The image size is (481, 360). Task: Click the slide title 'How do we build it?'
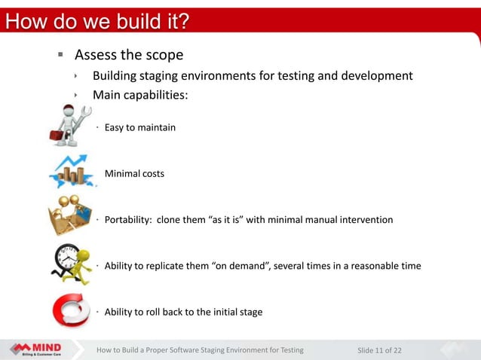pos(97,21)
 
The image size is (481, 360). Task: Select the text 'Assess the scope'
pos(128,55)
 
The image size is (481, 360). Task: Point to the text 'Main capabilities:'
pos(139,95)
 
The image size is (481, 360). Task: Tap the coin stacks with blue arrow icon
pos(72,172)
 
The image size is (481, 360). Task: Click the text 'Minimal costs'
pos(133,174)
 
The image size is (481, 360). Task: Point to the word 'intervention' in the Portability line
pos(366,220)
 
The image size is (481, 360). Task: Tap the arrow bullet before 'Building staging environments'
pos(76,76)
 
